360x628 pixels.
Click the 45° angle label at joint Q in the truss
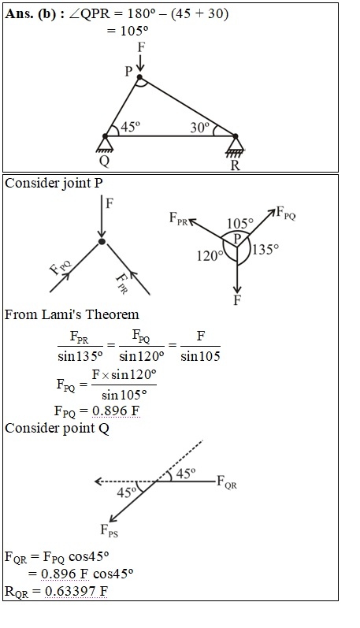click(x=130, y=127)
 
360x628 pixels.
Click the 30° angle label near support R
click(x=200, y=128)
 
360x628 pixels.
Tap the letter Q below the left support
click(x=104, y=161)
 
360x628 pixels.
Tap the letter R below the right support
click(x=236, y=165)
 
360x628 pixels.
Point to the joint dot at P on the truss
click(x=139, y=77)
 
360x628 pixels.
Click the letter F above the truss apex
click(x=141, y=47)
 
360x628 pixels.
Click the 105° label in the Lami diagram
click(x=240, y=224)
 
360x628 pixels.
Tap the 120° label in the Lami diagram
click(x=210, y=255)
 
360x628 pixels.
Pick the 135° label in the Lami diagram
click(x=265, y=250)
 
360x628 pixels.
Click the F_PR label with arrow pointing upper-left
click(x=178, y=219)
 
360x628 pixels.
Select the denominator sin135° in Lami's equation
click(x=80, y=356)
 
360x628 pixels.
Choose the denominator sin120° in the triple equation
click(x=142, y=356)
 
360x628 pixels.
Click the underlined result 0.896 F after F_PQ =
click(x=116, y=411)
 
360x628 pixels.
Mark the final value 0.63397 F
click(x=76, y=591)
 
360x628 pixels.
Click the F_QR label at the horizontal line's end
click(x=227, y=481)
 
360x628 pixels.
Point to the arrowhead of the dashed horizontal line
click(x=98, y=481)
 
